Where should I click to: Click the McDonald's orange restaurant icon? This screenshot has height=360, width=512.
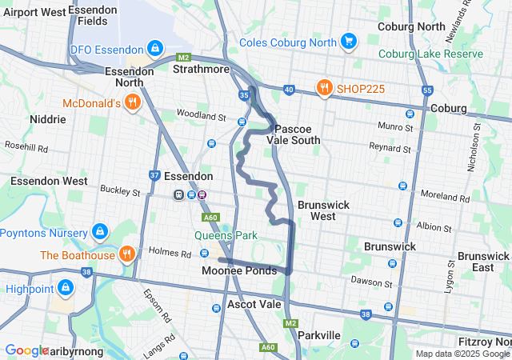133,102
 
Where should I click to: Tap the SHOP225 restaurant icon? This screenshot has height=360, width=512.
324,88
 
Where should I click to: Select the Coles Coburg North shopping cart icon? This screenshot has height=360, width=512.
348,41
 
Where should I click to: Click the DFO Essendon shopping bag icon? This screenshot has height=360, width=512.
154,49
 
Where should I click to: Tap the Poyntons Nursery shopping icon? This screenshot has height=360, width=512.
99,232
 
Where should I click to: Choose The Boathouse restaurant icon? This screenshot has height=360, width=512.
126,255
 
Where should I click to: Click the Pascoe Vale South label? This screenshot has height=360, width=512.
298,134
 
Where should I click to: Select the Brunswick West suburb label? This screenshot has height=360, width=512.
323,210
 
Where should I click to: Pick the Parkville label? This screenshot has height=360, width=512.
319,334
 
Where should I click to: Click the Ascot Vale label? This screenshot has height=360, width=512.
254,304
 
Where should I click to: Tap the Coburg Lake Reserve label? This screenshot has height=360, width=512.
430,54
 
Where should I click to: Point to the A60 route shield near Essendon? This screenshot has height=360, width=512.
211,217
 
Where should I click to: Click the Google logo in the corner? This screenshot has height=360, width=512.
27,350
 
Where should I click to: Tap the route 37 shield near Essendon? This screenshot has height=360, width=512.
155,175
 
